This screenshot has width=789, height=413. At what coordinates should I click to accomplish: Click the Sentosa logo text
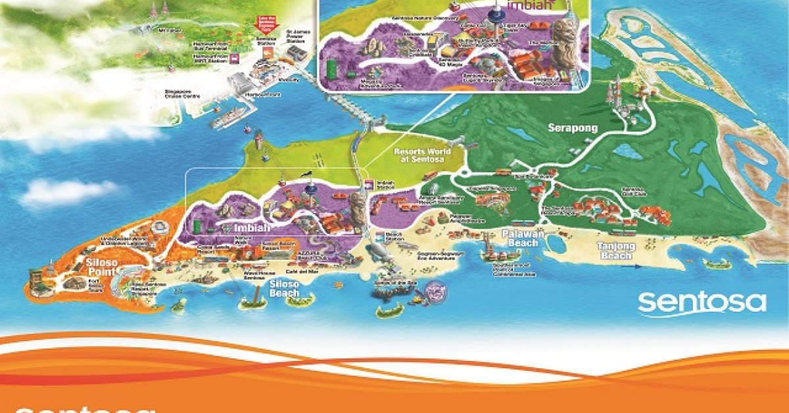(702, 303)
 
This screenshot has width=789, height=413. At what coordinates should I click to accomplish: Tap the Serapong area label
(572, 128)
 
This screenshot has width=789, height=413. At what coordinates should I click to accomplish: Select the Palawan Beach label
(519, 238)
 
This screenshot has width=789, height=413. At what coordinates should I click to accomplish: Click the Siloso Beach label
(285, 288)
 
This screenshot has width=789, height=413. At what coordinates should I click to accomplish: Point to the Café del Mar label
(299, 271)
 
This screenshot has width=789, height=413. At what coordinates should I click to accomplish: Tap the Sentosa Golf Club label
(631, 191)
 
